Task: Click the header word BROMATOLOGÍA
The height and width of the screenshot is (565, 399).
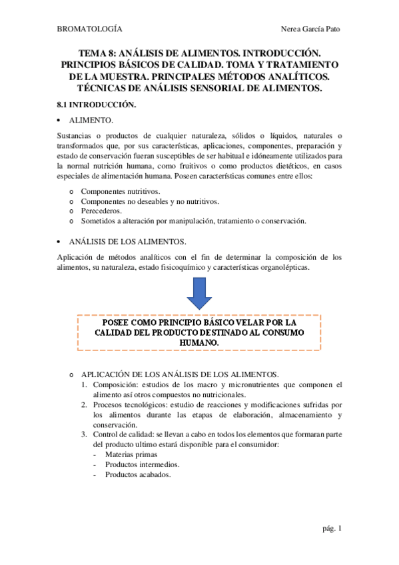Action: [x=90, y=29]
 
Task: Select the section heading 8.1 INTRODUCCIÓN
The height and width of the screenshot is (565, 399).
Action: [x=97, y=105]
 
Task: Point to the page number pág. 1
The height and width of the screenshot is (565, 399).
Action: [x=330, y=529]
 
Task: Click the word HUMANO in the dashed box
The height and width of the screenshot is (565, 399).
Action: [x=199, y=342]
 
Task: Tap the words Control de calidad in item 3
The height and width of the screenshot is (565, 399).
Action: [x=125, y=434]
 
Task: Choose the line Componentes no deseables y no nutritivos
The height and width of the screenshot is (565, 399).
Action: [x=150, y=201]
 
